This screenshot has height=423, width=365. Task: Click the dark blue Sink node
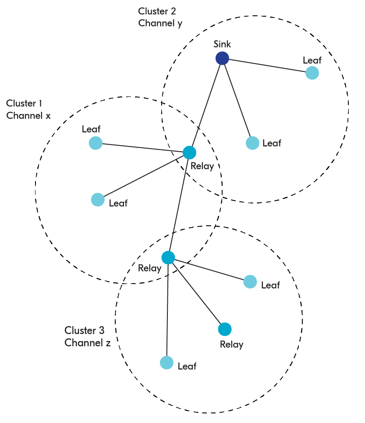pos(222,58)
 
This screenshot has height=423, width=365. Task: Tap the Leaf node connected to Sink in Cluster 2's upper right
pos(312,73)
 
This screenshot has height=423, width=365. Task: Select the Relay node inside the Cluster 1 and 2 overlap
pos(189,153)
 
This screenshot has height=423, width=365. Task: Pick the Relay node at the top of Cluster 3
pos(168,258)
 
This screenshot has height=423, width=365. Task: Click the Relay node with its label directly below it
pos(225,329)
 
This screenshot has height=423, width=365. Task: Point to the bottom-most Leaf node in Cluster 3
pos(167,363)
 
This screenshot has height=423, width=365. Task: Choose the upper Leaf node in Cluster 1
pos(96,143)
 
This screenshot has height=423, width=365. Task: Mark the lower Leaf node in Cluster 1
pos(98,199)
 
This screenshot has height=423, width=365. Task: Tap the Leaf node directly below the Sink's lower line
pos(252,143)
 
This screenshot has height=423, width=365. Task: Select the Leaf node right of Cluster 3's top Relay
pos(250,282)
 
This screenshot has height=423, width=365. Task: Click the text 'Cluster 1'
pos(24,103)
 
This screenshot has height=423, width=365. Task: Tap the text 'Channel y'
pos(160,23)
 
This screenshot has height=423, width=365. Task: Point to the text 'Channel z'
pos(87,343)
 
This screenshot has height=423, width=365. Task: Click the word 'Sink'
pos(222,44)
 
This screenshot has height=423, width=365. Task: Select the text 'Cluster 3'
pos(85,330)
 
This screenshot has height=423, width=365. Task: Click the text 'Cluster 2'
pos(157,11)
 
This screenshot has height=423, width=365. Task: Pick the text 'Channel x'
pos(28,116)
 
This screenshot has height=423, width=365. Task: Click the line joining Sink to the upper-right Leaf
pos(267,66)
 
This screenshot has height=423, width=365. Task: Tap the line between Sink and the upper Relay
pos(206,105)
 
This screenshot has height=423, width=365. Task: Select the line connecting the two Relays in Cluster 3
pos(196,293)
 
